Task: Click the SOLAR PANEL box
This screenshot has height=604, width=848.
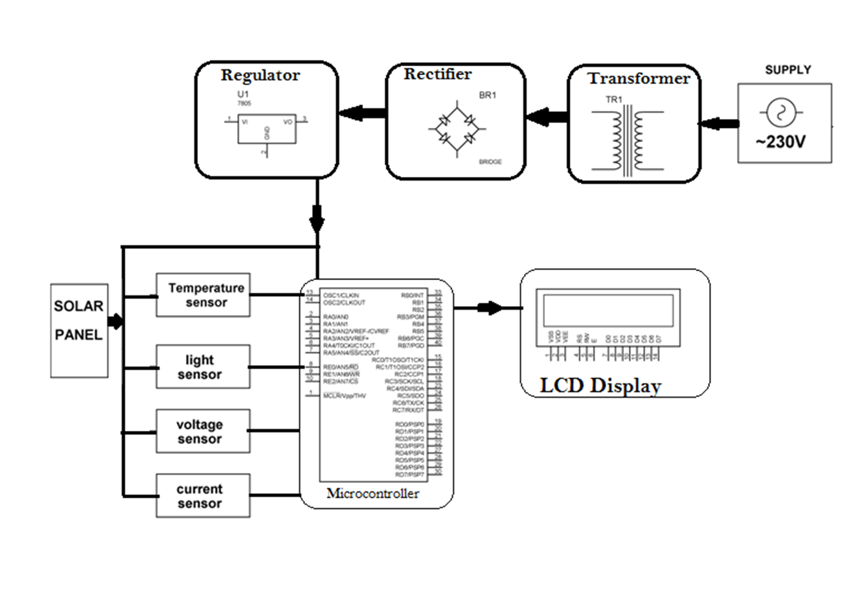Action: (79, 330)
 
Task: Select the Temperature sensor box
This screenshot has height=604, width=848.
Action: (203, 295)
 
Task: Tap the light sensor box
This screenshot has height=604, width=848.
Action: (203, 367)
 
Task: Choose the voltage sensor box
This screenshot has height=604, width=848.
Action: (203, 432)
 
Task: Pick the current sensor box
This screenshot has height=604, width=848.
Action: (203, 496)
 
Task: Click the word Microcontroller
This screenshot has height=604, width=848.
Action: (372, 493)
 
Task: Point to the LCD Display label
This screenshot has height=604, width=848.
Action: (600, 386)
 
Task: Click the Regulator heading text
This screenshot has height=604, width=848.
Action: (260, 75)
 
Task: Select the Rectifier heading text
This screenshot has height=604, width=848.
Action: (437, 74)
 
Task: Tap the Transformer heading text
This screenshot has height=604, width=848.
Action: (638, 78)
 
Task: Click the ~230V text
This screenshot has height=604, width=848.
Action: (781, 142)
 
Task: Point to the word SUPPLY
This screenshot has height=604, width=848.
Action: (788, 70)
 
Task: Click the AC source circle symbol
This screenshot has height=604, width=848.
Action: (777, 113)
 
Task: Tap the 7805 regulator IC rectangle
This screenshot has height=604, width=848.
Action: (266, 129)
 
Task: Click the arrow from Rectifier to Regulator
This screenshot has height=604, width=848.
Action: (363, 113)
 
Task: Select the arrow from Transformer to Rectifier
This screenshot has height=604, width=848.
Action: (547, 117)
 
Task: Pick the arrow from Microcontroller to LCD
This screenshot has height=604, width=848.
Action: (488, 308)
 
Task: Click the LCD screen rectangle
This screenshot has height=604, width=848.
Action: (607, 310)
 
